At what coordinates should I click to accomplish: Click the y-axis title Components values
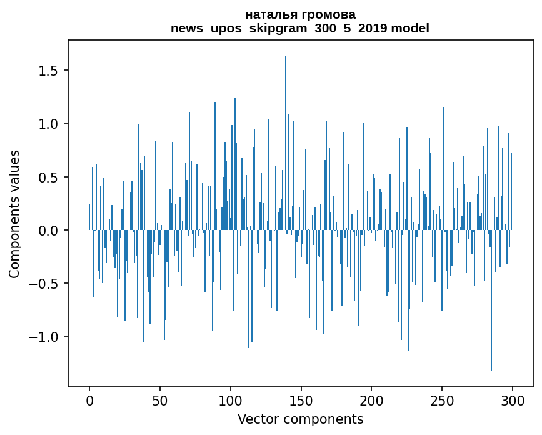14,214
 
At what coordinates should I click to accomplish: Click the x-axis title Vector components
300,419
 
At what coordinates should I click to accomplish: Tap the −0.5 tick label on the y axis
44,284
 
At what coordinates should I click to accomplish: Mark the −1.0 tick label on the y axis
44,337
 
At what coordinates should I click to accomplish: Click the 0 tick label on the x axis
89,400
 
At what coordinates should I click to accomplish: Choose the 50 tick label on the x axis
160,400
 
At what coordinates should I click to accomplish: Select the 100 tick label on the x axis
231,400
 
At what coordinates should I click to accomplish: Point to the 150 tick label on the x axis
301,400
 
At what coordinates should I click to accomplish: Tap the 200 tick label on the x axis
372,400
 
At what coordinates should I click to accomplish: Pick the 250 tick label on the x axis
442,400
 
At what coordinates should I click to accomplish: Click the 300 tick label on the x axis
513,400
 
